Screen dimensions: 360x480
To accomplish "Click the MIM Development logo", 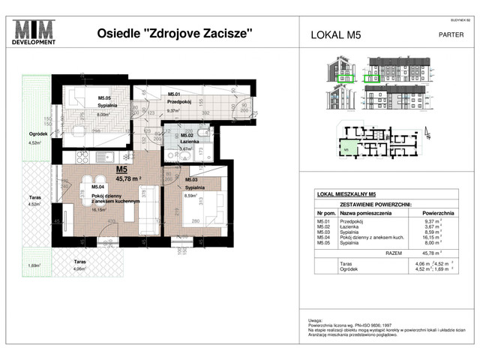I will pyautogui.click(x=34, y=34).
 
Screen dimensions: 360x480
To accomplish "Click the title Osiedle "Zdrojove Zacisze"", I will pyautogui.click(x=175, y=33).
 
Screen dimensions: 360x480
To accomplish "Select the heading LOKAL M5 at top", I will pyautogui.click(x=335, y=34).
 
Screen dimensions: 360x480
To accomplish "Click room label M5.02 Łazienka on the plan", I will pyautogui.click(x=190, y=139).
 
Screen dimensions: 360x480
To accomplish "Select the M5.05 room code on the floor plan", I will pyautogui.click(x=104, y=98).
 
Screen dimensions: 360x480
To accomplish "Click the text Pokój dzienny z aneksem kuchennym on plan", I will pyautogui.click(x=115, y=199).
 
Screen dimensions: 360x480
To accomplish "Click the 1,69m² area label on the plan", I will pyautogui.click(x=34, y=265).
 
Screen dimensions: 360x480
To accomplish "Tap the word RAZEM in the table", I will pyautogui.click(x=394, y=254).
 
